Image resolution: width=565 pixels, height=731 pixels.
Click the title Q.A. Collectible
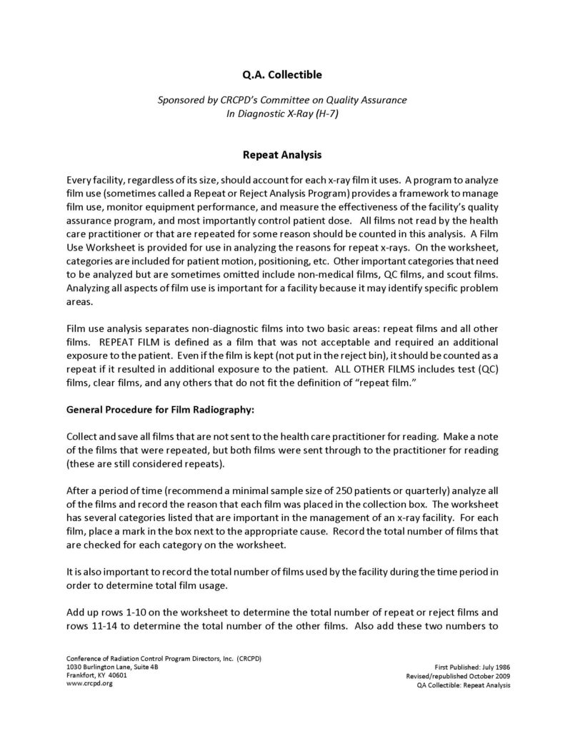point(282,73)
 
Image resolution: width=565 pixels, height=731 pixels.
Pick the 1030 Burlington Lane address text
point(96,666)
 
